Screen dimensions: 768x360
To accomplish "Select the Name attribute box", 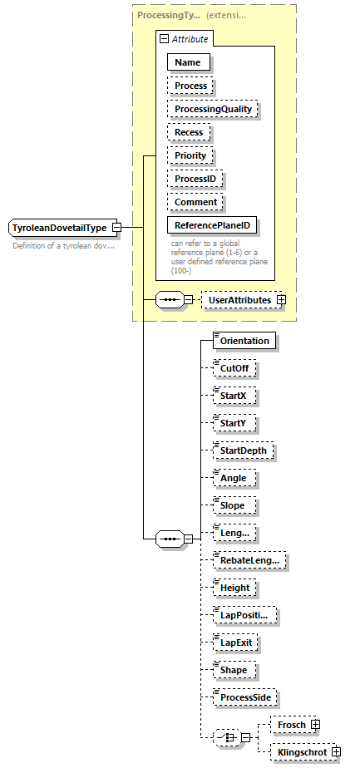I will pyautogui.click(x=188, y=62).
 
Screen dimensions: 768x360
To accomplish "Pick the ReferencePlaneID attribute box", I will pyautogui.click(x=211, y=225).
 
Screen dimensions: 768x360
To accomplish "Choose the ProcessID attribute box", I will pyautogui.click(x=196, y=179).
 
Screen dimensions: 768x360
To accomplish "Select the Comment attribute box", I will pyautogui.click(x=196, y=202).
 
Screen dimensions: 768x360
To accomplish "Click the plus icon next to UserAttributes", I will pyautogui.click(x=281, y=299).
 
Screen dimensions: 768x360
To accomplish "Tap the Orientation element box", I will pyautogui.click(x=244, y=341).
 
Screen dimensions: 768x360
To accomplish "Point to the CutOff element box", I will pyautogui.click(x=233, y=367).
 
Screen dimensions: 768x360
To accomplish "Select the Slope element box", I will pyautogui.click(x=233, y=505).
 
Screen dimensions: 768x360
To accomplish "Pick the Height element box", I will pyautogui.click(x=234, y=588).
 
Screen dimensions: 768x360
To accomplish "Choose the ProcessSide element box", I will pyautogui.click(x=245, y=697).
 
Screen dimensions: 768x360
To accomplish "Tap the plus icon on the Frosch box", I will pyautogui.click(x=316, y=725).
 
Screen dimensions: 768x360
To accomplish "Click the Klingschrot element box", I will pyautogui.click(x=300, y=752).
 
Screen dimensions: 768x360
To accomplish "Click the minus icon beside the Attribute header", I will pyautogui.click(x=165, y=38).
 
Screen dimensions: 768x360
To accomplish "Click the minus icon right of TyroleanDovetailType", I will pyautogui.click(x=117, y=227).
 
